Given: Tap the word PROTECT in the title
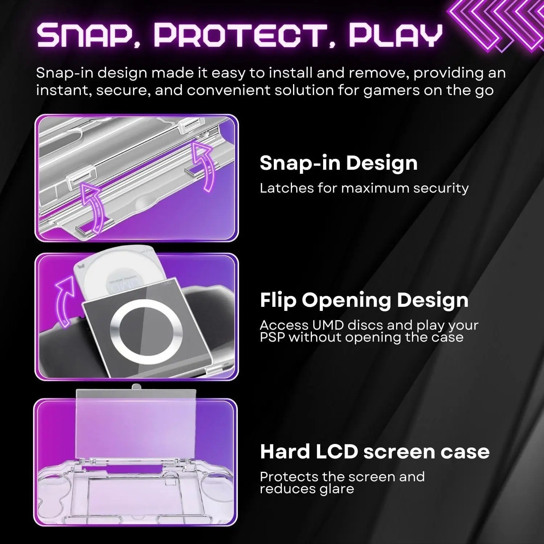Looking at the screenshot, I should click(240, 35).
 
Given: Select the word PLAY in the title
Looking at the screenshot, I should click(395, 35).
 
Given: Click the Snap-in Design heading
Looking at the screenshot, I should click(338, 163).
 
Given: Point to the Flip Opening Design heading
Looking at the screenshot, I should click(364, 300).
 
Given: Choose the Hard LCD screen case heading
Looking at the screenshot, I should click(375, 452).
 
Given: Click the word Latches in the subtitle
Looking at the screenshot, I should click(281, 188).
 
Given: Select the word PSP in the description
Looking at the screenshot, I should click(272, 338).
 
